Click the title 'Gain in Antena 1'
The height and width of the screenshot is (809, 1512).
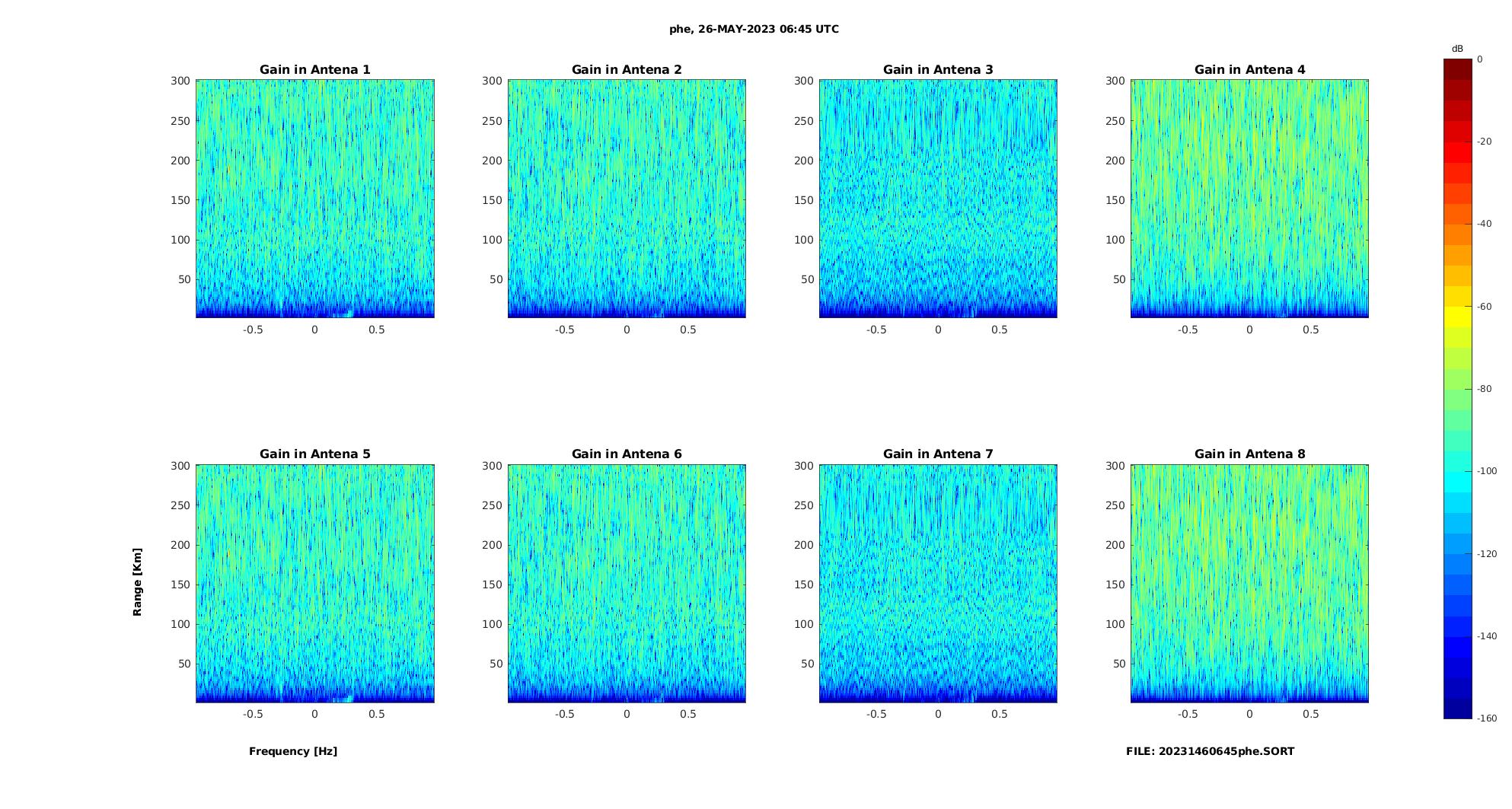tap(314, 70)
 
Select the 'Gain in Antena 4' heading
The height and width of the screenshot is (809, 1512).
tap(1249, 70)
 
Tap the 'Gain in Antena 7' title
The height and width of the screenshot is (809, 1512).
tap(938, 454)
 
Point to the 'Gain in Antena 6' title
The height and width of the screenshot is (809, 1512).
tap(627, 454)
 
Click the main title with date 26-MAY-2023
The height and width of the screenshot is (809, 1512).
tap(754, 30)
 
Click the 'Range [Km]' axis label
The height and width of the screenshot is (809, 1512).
tap(138, 582)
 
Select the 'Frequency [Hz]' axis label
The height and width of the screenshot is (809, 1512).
tap(293, 751)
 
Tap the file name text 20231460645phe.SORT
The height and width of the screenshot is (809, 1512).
tap(1210, 751)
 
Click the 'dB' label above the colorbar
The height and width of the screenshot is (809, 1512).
tap(1457, 49)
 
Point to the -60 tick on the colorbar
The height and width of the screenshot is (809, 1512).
tap(1485, 307)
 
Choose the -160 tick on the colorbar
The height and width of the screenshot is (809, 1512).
tap(1487, 718)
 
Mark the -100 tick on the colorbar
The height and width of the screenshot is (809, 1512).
tap(1487, 471)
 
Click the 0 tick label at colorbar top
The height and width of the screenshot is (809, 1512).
tap(1480, 59)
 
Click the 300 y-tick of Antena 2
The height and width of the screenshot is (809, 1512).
tap(492, 81)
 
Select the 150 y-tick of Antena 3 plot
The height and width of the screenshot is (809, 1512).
tap(803, 200)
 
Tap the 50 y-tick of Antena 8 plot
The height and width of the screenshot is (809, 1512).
tap(1118, 664)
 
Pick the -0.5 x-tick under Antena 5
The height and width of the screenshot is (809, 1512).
tap(253, 714)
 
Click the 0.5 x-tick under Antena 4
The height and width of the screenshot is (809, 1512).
tap(1310, 330)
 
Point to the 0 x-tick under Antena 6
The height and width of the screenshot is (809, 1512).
tap(627, 714)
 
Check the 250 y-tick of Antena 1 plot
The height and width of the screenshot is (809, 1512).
tap(180, 121)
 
